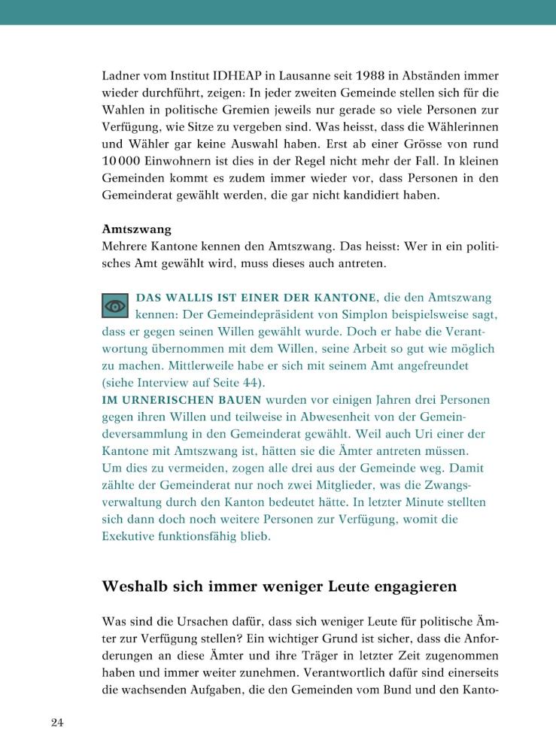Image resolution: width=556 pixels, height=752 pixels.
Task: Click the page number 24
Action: [x=57, y=723]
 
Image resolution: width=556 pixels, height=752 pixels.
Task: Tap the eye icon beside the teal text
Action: [x=115, y=305]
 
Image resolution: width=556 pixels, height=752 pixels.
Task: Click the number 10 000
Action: [x=126, y=162]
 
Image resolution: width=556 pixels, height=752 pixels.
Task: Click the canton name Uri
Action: [x=368, y=434]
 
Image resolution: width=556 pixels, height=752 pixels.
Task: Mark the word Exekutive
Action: [x=129, y=537]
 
